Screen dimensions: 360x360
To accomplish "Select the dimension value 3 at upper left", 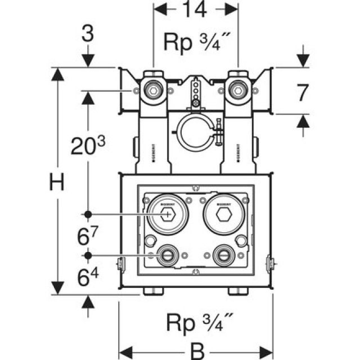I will click(x=88, y=34).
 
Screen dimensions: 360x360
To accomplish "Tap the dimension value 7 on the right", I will click(x=303, y=92).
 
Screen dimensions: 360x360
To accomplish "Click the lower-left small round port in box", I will click(x=167, y=255).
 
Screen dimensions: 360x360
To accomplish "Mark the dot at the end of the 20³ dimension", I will click(x=88, y=214).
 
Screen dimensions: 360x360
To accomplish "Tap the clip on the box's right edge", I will click(x=271, y=263).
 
